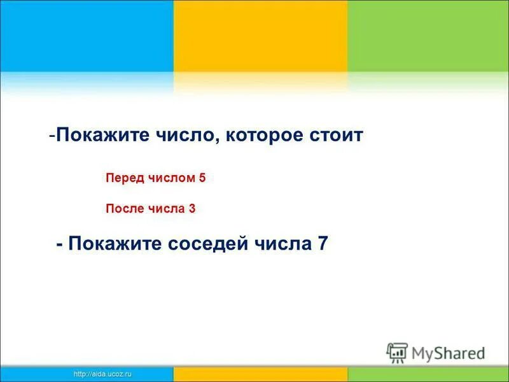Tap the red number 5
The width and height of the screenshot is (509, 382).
click(202, 179)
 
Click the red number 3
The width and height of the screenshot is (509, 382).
click(192, 208)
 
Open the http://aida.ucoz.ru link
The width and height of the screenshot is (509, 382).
click(102, 374)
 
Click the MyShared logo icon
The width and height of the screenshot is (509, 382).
click(397, 352)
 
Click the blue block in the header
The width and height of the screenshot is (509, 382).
click(87, 36)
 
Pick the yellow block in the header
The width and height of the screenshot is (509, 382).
click(260, 36)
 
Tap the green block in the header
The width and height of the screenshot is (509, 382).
click(428, 36)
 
